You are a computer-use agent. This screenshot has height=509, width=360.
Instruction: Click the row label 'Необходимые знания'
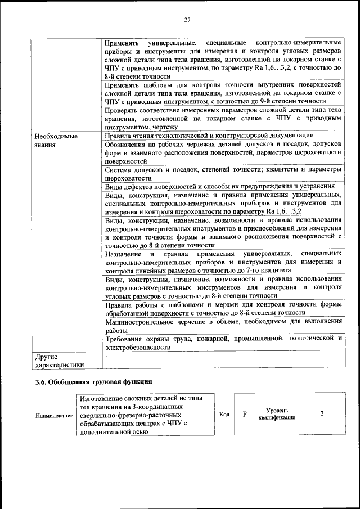pyautogui.click(x=56, y=140)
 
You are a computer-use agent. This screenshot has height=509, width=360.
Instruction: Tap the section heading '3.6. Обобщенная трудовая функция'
pyautogui.click(x=93, y=383)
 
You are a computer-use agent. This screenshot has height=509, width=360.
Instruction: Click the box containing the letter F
pyautogui.click(x=245, y=414)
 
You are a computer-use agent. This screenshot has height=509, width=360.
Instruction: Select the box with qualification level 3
pyautogui.click(x=322, y=414)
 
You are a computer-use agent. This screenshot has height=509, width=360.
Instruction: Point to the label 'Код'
pyautogui.click(x=224, y=415)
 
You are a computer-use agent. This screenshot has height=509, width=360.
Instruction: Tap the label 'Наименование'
pyautogui.click(x=55, y=415)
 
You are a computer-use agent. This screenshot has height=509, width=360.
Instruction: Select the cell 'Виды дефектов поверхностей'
pyautogui.click(x=219, y=186)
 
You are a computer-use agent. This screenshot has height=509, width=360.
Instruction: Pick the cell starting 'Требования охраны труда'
pyautogui.click(x=223, y=343)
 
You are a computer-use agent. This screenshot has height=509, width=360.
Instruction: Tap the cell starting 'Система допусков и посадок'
pyautogui.click(x=223, y=173)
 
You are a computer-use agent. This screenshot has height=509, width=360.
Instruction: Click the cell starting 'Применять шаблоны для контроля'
pyautogui.click(x=223, y=92)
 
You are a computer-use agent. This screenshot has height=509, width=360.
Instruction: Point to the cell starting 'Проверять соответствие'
pyautogui.click(x=223, y=119)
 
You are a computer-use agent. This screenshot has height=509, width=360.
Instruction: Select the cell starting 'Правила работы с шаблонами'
pyautogui.click(x=223, y=309)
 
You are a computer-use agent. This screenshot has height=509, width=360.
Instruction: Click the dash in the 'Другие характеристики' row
pyautogui.click(x=106, y=357)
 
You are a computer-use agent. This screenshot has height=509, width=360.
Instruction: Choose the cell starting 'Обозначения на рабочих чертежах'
pyautogui.click(x=223, y=152)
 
